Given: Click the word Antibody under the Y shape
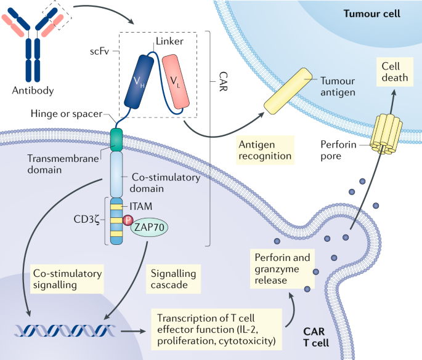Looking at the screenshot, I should [33, 90].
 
